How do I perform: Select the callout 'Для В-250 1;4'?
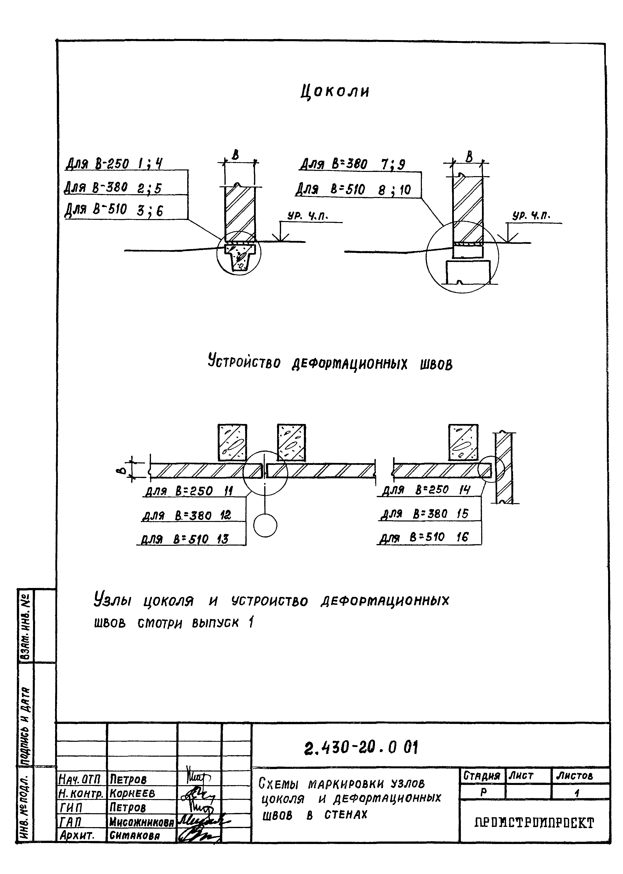point(114,164)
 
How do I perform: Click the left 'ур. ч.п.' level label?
point(308,217)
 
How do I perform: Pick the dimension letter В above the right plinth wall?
point(469,157)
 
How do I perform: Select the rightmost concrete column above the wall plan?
point(463,442)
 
